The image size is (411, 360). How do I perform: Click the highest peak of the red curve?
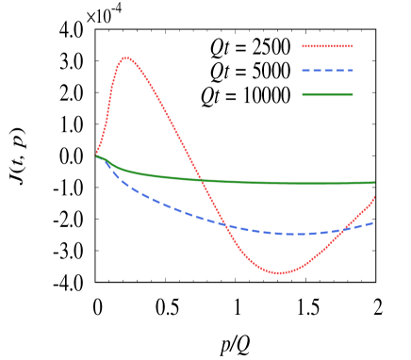(125, 57)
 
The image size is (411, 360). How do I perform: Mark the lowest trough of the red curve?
(279, 273)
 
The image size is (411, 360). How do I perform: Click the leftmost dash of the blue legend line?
(305, 71)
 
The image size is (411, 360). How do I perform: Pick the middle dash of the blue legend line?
(328, 71)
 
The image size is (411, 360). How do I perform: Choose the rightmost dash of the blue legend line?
(350, 71)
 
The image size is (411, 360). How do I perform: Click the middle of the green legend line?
(328, 94)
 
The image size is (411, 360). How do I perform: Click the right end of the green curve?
(374, 182)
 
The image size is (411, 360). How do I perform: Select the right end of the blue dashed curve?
(373, 223)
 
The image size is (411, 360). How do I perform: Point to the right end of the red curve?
(374, 196)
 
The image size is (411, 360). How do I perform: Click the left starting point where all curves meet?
(97, 155)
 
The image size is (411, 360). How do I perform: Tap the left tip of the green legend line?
(303, 94)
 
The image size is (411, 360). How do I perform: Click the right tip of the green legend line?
(353, 94)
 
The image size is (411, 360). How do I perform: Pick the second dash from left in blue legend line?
(317, 71)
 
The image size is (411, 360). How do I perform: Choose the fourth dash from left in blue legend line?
(339, 71)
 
